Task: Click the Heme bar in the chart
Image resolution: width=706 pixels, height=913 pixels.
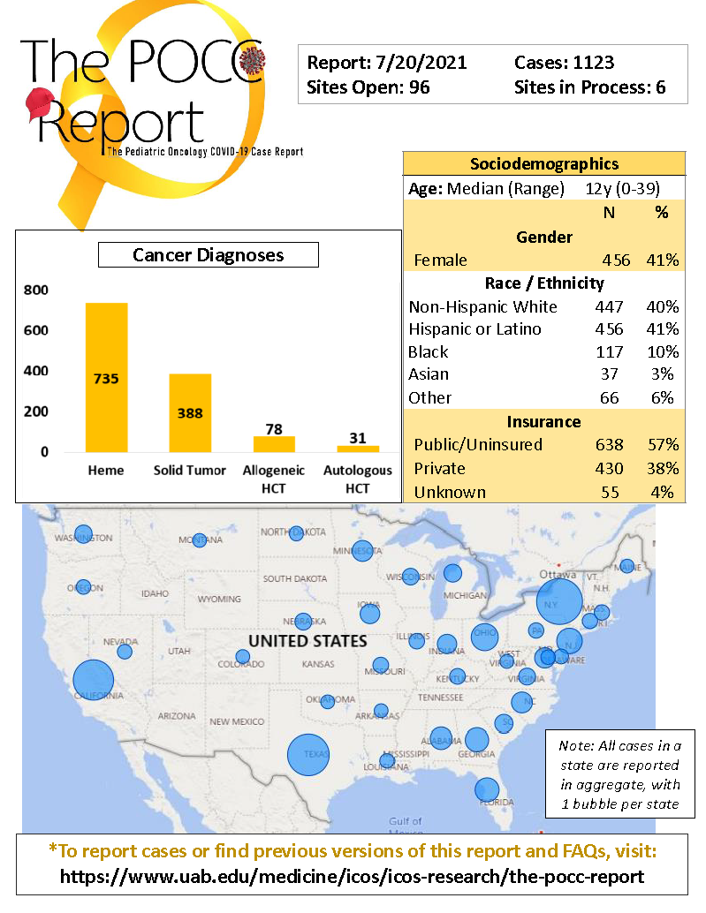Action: pyautogui.click(x=106, y=377)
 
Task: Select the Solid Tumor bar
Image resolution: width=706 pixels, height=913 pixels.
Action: pyautogui.click(x=190, y=412)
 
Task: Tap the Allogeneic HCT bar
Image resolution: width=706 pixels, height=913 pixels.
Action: pyautogui.click(x=274, y=443)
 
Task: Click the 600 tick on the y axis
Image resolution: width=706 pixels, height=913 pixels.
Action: pyautogui.click(x=36, y=330)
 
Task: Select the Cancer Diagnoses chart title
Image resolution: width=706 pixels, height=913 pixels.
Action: pyautogui.click(x=208, y=255)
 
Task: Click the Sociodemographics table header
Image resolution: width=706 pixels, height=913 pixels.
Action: pyautogui.click(x=544, y=163)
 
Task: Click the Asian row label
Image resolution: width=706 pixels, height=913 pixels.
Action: pyautogui.click(x=429, y=374)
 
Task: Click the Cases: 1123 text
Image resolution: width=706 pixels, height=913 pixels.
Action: pyautogui.click(x=564, y=63)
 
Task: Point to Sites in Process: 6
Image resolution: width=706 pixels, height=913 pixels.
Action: pyautogui.click(x=589, y=87)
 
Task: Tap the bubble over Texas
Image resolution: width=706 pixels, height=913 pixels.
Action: pyautogui.click(x=308, y=756)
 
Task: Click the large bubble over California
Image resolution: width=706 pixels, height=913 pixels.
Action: pyautogui.click(x=94, y=681)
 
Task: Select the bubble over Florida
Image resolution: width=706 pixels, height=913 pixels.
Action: pyautogui.click(x=487, y=789)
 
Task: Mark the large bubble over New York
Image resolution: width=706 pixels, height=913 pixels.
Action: pyautogui.click(x=559, y=602)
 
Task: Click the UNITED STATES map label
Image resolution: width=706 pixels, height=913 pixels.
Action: pyautogui.click(x=307, y=640)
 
